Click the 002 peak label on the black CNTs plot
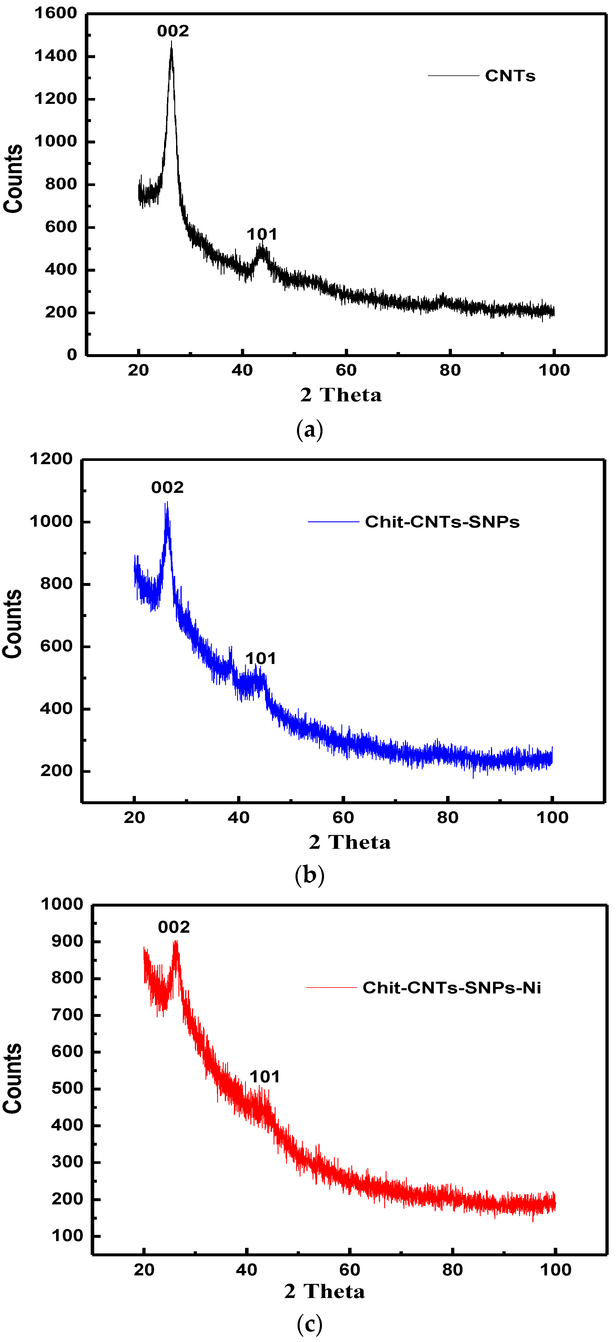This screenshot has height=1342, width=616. tap(173, 31)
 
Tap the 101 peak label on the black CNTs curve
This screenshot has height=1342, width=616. tap(261, 234)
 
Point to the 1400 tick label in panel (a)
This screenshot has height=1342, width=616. tap(56, 56)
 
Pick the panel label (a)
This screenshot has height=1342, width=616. tap(310, 430)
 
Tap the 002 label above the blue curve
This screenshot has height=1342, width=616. tap(167, 488)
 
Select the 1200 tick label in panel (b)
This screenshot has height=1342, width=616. tap(51, 459)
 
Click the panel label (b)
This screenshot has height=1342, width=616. tap(310, 875)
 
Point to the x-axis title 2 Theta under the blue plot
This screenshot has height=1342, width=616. tap(349, 842)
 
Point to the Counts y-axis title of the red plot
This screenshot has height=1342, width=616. tap(13, 1079)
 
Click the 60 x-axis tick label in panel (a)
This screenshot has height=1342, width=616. tap(346, 370)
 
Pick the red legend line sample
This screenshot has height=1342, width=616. tap(331, 987)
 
